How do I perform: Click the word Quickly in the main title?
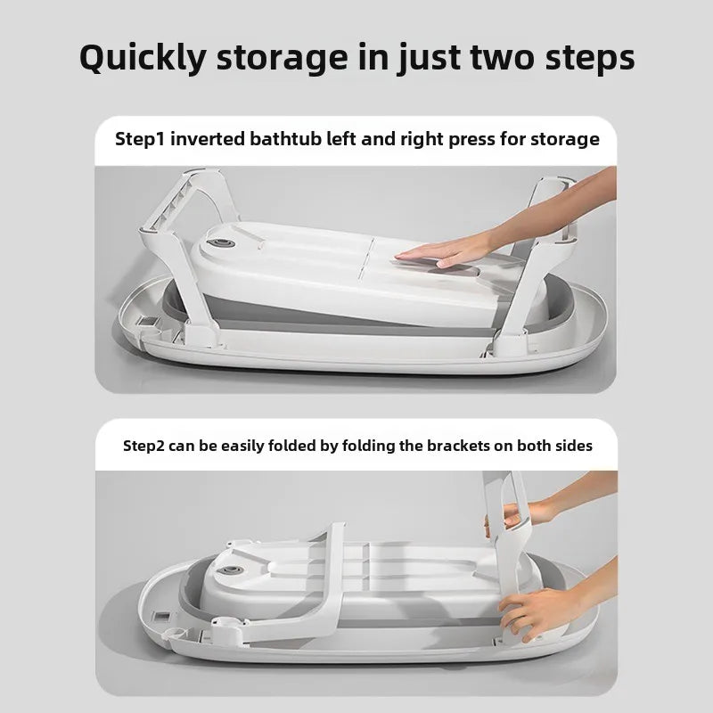tap(143, 58)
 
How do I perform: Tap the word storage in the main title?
tap(282, 59)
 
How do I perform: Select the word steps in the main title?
tap(590, 58)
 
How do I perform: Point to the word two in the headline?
tap(502, 58)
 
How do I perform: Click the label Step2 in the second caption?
tap(143, 446)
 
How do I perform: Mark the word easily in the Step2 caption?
tap(242, 447)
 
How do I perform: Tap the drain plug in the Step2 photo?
tap(229, 570)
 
